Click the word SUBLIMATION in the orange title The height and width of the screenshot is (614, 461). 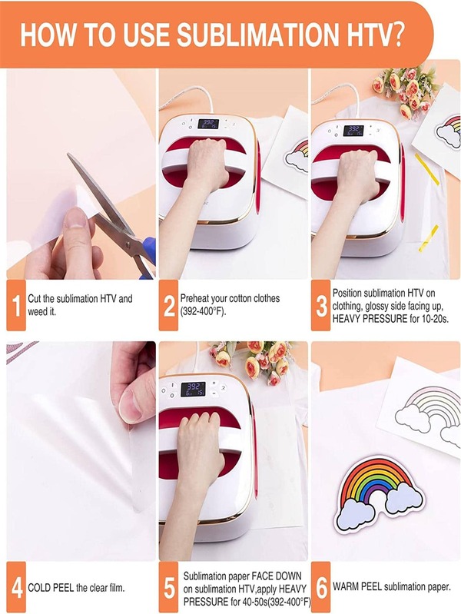tap(257, 35)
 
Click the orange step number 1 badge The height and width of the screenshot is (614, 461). tap(16, 305)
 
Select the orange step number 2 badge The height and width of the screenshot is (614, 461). tap(169, 305)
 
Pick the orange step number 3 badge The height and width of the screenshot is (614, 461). tap(321, 305)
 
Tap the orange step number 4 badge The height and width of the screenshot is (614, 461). tap(16, 587)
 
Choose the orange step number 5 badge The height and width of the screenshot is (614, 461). tap(169, 587)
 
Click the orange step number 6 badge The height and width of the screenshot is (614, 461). tap(321, 587)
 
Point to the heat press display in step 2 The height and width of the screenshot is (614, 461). tap(208, 124)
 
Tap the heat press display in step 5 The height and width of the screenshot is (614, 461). tap(193, 390)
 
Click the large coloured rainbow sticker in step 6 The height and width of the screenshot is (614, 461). tap(379, 493)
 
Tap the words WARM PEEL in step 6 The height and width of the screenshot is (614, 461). tap(357, 586)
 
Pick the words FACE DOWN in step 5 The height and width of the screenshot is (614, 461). tap(277, 576)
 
